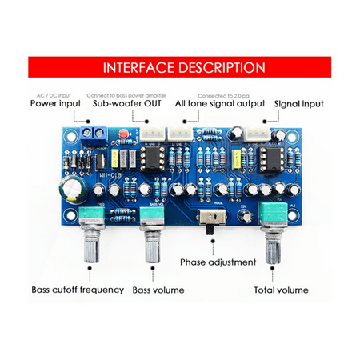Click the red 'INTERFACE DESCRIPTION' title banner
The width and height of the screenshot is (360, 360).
pyautogui.click(x=180, y=68)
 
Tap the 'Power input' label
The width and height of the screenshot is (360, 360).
pyautogui.click(x=56, y=103)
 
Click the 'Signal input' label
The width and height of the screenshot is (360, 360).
pyautogui.click(x=299, y=103)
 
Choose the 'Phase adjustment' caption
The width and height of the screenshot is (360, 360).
pyautogui.click(x=218, y=262)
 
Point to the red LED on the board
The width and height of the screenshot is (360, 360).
pyautogui.click(x=125, y=132)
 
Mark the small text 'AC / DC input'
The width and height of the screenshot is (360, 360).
pyautogui.click(x=56, y=93)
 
